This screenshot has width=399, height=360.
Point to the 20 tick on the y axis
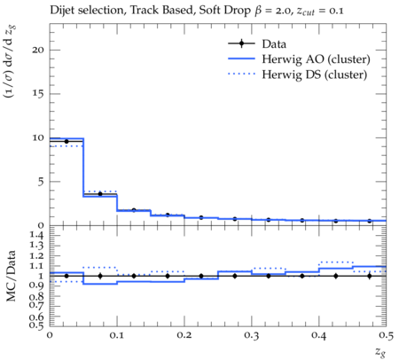[38, 50]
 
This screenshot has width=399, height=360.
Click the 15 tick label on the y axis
[38, 94]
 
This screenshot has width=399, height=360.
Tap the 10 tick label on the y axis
[38, 137]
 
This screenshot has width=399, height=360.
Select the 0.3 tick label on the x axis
[252, 335]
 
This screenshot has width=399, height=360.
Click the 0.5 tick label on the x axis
[386, 335]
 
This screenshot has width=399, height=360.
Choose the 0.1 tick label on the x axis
[117, 335]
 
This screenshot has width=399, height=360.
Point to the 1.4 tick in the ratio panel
[36, 235]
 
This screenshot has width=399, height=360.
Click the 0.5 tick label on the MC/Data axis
[36, 325]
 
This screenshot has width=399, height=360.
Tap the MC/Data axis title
[11, 276]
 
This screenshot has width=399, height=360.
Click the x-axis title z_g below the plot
[380, 352]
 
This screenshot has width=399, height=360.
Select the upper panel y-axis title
[11, 61]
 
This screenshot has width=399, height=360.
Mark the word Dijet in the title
[62, 11]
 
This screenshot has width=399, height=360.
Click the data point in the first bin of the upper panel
[66, 141]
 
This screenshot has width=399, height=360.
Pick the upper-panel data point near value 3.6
[100, 194]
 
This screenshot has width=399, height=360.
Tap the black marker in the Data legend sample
[241, 43]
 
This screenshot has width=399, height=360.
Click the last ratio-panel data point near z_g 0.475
[369, 276]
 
